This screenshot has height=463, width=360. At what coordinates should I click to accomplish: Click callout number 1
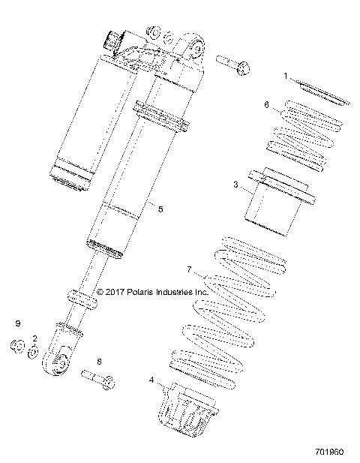tap(286, 76)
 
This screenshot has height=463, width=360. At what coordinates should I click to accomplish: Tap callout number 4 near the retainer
tap(152, 380)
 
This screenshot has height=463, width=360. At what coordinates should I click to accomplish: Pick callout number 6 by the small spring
tap(266, 105)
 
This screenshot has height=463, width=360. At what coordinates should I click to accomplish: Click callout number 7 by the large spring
tap(190, 269)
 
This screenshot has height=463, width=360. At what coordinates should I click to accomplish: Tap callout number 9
tap(16, 323)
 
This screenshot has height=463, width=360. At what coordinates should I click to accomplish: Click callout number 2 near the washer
tap(34, 339)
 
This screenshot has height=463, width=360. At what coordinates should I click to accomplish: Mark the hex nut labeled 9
tap(16, 347)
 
